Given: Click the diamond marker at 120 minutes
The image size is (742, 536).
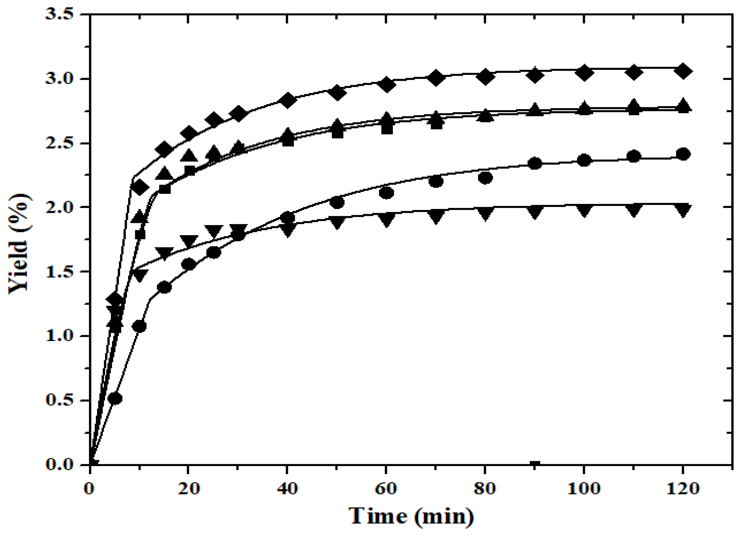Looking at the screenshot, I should pyautogui.click(x=682, y=71).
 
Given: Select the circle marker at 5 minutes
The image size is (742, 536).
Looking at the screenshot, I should pyautogui.click(x=115, y=398).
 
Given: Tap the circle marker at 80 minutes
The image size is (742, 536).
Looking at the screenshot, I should pyautogui.click(x=485, y=178).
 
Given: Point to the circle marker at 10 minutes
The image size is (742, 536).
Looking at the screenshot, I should pyautogui.click(x=140, y=326).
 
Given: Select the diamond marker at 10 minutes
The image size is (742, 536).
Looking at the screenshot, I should pyautogui.click(x=140, y=188).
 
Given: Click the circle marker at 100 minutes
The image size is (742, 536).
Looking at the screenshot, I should pyautogui.click(x=584, y=160).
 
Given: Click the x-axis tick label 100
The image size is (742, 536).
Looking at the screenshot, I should pyautogui.click(x=584, y=489).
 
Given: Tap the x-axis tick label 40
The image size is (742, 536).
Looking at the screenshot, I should pyautogui.click(x=287, y=489).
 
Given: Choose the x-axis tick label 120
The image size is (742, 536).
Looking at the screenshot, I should pyautogui.click(x=682, y=489).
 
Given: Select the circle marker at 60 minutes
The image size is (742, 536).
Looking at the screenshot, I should pyautogui.click(x=386, y=193).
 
